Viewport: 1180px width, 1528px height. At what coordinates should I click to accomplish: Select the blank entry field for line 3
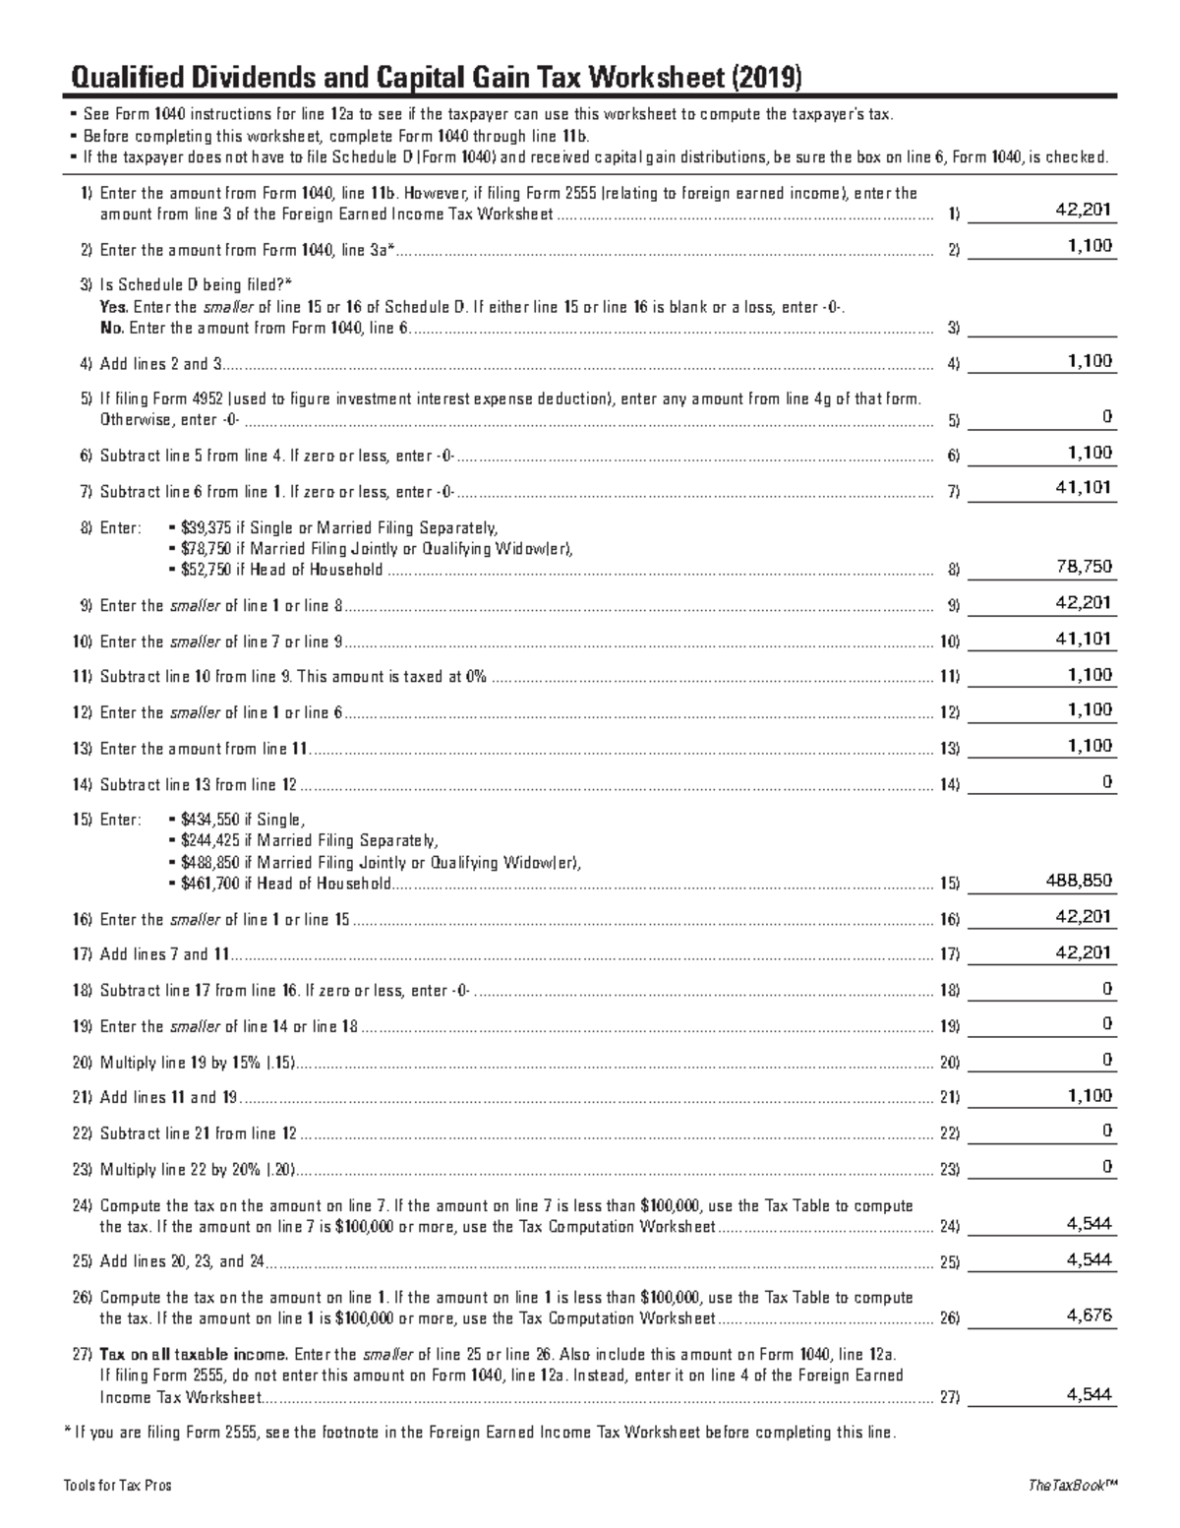(x=1042, y=327)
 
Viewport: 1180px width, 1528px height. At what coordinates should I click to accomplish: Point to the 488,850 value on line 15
(x=1080, y=881)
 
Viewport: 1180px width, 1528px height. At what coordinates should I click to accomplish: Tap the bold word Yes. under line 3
(x=114, y=307)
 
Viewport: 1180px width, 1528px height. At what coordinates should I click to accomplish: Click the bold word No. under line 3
(x=112, y=328)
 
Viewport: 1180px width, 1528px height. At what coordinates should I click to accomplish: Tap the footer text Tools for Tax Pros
(x=117, y=1486)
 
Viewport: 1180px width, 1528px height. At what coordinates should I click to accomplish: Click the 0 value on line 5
(x=1107, y=417)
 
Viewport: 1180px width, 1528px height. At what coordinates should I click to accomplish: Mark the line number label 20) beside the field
(x=949, y=1063)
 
